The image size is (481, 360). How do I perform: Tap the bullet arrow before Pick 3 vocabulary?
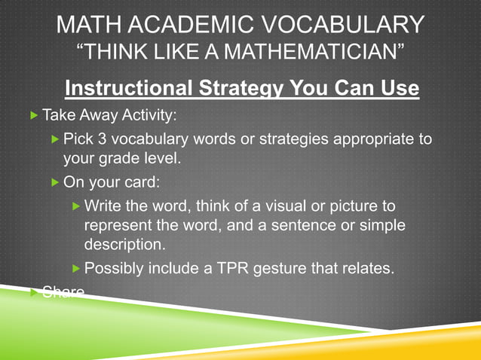tap(54, 139)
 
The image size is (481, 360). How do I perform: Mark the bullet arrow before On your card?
tap(54, 182)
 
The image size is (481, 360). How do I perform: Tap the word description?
tap(124, 246)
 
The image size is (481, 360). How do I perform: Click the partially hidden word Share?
tap(63, 291)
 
